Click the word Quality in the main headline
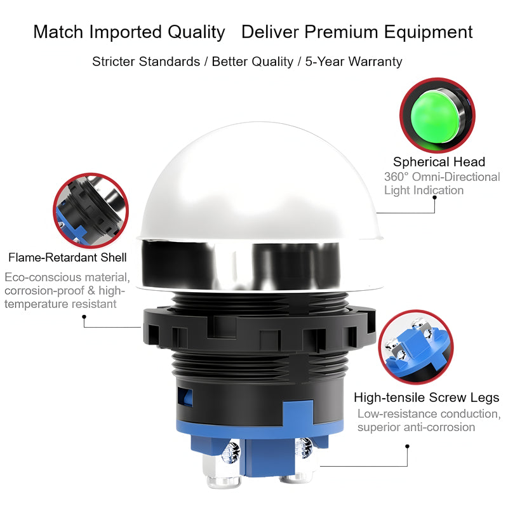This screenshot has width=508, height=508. pyautogui.click(x=196, y=33)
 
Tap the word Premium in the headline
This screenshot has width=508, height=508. pyautogui.click(x=342, y=32)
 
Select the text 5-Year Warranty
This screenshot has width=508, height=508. pyautogui.click(x=354, y=62)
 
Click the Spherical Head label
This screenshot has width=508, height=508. pyautogui.click(x=439, y=162)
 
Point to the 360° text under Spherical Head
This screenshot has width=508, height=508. pyautogui.click(x=396, y=177)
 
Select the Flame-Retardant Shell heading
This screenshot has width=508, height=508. pyautogui.click(x=67, y=257)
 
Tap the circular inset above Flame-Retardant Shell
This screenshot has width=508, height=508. pyautogui.click(x=91, y=211)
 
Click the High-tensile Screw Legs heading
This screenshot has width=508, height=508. pyautogui.click(x=426, y=398)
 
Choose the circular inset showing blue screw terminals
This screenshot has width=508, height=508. pyautogui.click(x=416, y=347)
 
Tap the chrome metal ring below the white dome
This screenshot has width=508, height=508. pyautogui.click(x=241, y=264)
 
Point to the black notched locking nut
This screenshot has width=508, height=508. pyautogui.click(x=259, y=330)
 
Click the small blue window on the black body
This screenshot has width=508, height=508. pyautogui.click(x=185, y=397)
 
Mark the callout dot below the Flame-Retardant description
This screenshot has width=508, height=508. pyautogui.click(x=84, y=316)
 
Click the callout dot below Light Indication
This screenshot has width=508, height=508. pyautogui.click(x=434, y=197)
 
